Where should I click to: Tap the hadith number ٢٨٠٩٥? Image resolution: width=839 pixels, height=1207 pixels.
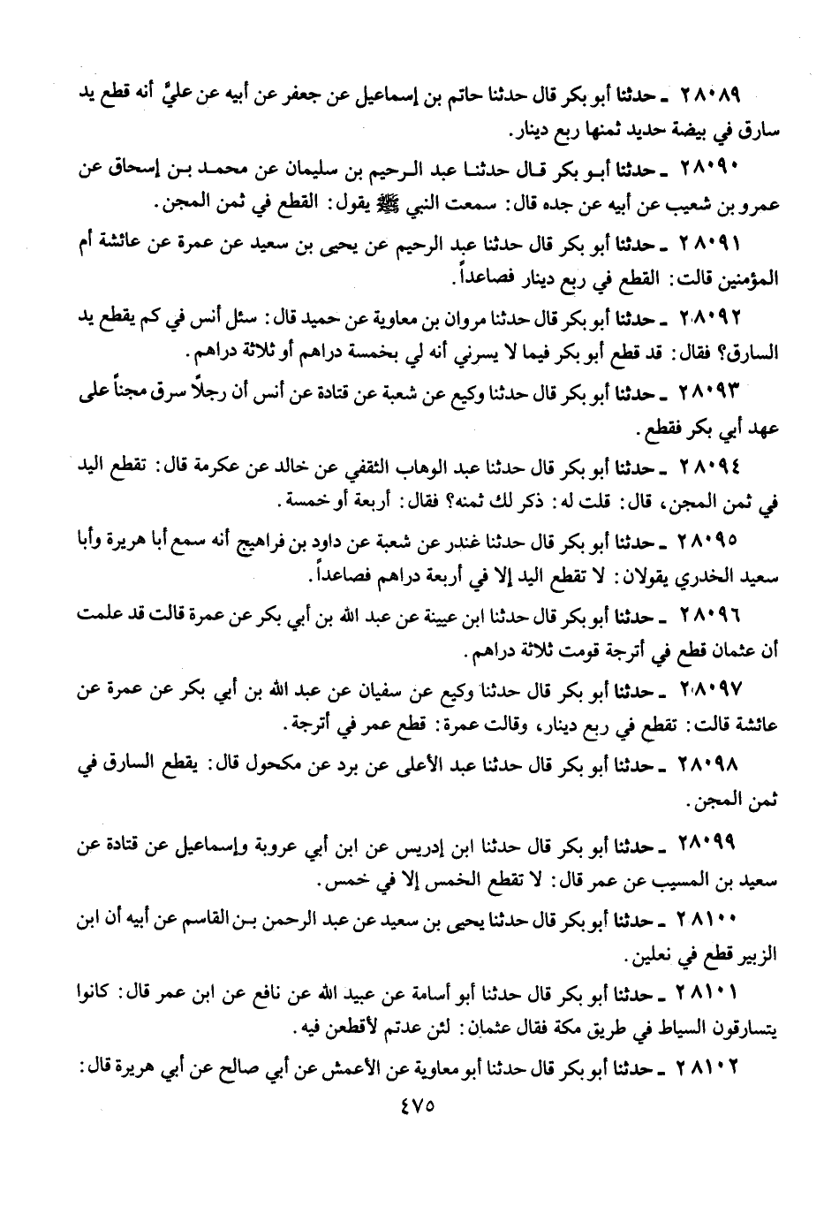click(x=707, y=538)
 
